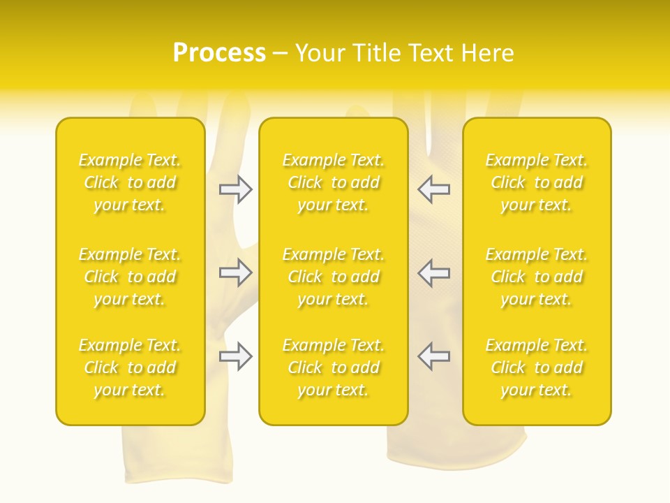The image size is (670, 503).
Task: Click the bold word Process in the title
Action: point(219,53)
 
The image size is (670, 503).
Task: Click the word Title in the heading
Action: point(376,53)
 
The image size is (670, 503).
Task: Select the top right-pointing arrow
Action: point(236,189)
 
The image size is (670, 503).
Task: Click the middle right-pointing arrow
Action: point(236,272)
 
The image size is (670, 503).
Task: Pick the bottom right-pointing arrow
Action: point(236,356)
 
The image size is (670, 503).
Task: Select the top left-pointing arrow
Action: point(433,189)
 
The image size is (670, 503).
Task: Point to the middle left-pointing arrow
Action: point(433,272)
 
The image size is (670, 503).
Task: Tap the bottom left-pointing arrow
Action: point(433,356)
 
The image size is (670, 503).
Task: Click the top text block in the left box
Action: point(130,182)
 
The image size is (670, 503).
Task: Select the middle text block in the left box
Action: point(130,277)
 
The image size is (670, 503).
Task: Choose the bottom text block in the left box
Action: point(130,367)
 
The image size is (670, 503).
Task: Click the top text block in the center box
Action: point(333,182)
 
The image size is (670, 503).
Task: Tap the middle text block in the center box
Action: point(333,277)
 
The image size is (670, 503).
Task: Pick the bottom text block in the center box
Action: point(333,367)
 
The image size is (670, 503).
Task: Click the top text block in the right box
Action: point(536,182)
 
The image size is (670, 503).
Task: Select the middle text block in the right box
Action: point(536,277)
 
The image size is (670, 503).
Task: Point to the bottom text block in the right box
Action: point(536,367)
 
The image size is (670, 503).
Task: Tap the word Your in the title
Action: point(320,53)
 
